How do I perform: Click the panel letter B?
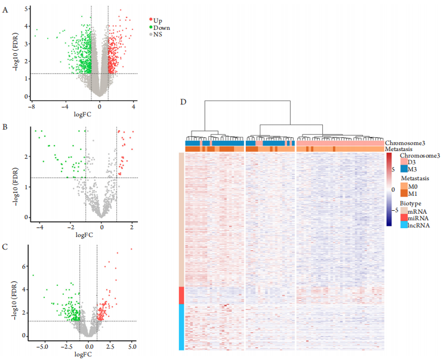point(5,127)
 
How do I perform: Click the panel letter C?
point(5,246)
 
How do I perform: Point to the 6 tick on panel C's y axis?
point(24,266)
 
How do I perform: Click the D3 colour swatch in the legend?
point(403,162)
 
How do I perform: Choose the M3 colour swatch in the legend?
point(403,170)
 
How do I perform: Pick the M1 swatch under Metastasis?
point(403,193)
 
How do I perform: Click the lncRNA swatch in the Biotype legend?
point(403,225)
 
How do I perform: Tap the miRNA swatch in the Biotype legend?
point(403,218)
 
